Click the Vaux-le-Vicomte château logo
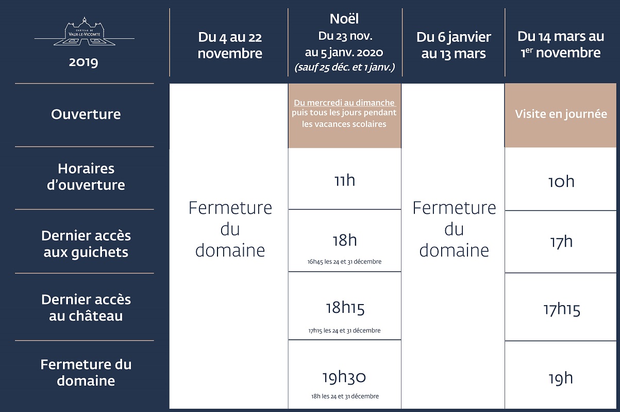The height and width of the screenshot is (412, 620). click(85, 31)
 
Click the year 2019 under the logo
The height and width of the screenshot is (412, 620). click(83, 62)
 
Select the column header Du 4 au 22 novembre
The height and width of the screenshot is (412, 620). click(230, 45)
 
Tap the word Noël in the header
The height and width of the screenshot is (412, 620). click(344, 19)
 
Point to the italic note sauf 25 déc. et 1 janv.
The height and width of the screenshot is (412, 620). click(345, 67)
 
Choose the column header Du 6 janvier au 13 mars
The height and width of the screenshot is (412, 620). click(454, 45)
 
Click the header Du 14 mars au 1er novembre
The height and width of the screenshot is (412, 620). click(561, 44)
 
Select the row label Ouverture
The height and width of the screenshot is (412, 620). click(86, 114)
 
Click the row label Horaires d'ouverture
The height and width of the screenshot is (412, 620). click(86, 177)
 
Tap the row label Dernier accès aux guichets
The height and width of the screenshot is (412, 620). click(86, 244)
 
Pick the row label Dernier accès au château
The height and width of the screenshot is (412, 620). click(86, 308)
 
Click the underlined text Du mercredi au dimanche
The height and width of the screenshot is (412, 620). click(345, 103)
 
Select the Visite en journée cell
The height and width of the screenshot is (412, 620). click(561, 114)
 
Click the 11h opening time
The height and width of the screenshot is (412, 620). click(345, 180)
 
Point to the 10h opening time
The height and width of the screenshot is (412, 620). click(561, 182)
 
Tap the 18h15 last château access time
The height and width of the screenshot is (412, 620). click(345, 308)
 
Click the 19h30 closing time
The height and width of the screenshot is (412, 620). click(344, 377)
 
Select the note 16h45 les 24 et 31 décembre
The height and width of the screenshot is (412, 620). click(344, 261)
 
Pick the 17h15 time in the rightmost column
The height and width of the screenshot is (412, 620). click(562, 309)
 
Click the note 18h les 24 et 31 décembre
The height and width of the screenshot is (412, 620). click(345, 396)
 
